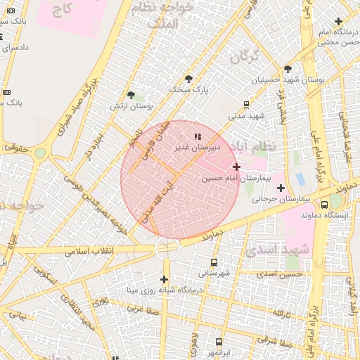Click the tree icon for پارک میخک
(188, 79)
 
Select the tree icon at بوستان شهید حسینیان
(288, 69)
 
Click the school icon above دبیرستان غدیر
(197, 136)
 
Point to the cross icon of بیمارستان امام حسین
(236, 167)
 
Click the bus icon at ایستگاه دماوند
(324, 205)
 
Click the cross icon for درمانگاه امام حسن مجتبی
(339, 22)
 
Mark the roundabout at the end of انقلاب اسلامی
(167, 247)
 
